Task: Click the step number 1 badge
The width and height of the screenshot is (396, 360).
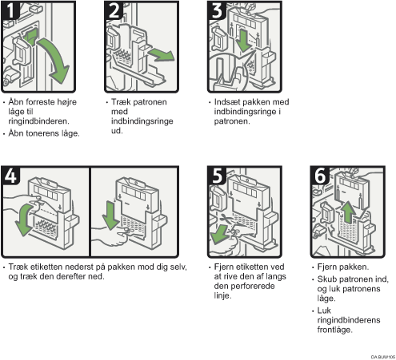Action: pos(10,10)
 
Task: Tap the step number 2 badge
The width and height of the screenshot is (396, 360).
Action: pos(114,10)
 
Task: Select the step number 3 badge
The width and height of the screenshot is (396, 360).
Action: pos(217,10)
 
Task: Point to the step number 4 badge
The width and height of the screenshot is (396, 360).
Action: pos(10,176)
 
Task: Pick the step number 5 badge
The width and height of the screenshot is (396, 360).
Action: pos(217,176)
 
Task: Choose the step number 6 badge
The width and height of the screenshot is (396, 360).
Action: pos(320,176)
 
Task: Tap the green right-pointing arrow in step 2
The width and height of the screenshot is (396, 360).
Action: pos(162,54)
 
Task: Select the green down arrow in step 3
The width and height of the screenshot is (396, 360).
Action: pos(243,41)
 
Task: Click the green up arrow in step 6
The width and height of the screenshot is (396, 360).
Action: pos(349,212)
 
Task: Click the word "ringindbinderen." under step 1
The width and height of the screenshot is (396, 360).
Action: pos(39,121)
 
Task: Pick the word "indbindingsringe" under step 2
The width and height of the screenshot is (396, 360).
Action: pos(142,121)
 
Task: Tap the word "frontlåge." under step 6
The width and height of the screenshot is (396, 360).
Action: pos(335,330)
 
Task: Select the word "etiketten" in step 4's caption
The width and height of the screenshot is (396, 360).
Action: pos(46,267)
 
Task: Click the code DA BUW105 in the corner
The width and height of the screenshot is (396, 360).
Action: pos(382,357)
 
